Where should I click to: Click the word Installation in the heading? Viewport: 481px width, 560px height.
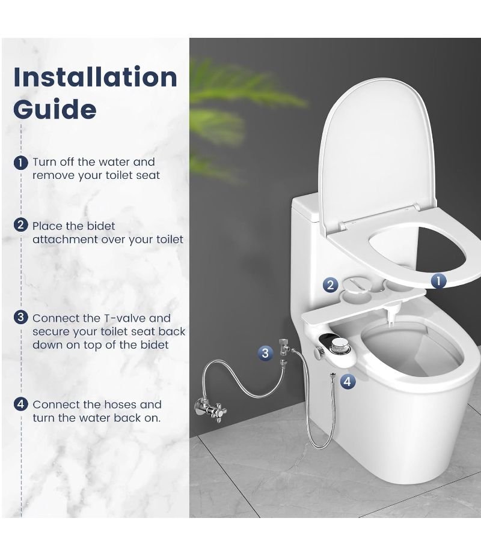point(95,77)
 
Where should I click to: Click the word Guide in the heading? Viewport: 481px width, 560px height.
point(55,109)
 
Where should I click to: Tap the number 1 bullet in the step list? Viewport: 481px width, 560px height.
point(21,163)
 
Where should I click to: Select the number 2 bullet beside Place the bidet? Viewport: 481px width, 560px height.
point(21,225)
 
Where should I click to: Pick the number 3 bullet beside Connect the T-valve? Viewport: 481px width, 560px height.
point(21,317)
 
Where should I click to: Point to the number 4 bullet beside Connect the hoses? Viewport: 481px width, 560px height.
point(21,404)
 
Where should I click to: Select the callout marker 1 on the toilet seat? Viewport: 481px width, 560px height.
point(439,281)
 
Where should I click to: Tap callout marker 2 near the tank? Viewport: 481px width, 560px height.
point(330,285)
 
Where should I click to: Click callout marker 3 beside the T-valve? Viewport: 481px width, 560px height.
point(265,353)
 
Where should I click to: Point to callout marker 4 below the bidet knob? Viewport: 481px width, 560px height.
point(347,381)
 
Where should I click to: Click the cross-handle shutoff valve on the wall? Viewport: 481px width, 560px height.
point(210,408)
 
